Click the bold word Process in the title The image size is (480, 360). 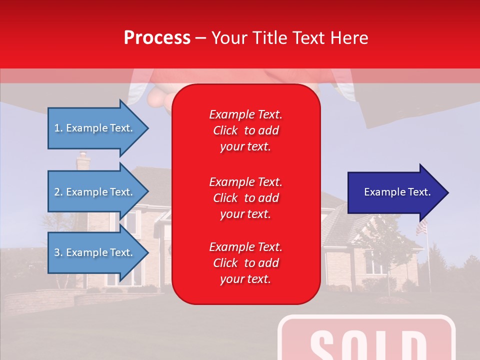pos(157,38)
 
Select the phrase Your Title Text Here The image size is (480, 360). pos(289,38)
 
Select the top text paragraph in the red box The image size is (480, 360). pos(245,130)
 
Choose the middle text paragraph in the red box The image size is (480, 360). pos(245,198)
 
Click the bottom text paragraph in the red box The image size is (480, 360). pos(245,263)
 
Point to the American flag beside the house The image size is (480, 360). pos(421,228)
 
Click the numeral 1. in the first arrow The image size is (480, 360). pos(58,128)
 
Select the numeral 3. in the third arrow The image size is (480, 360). pos(58,252)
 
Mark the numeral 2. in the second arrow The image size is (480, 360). pos(58,192)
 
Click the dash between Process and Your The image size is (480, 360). pos(200,38)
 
